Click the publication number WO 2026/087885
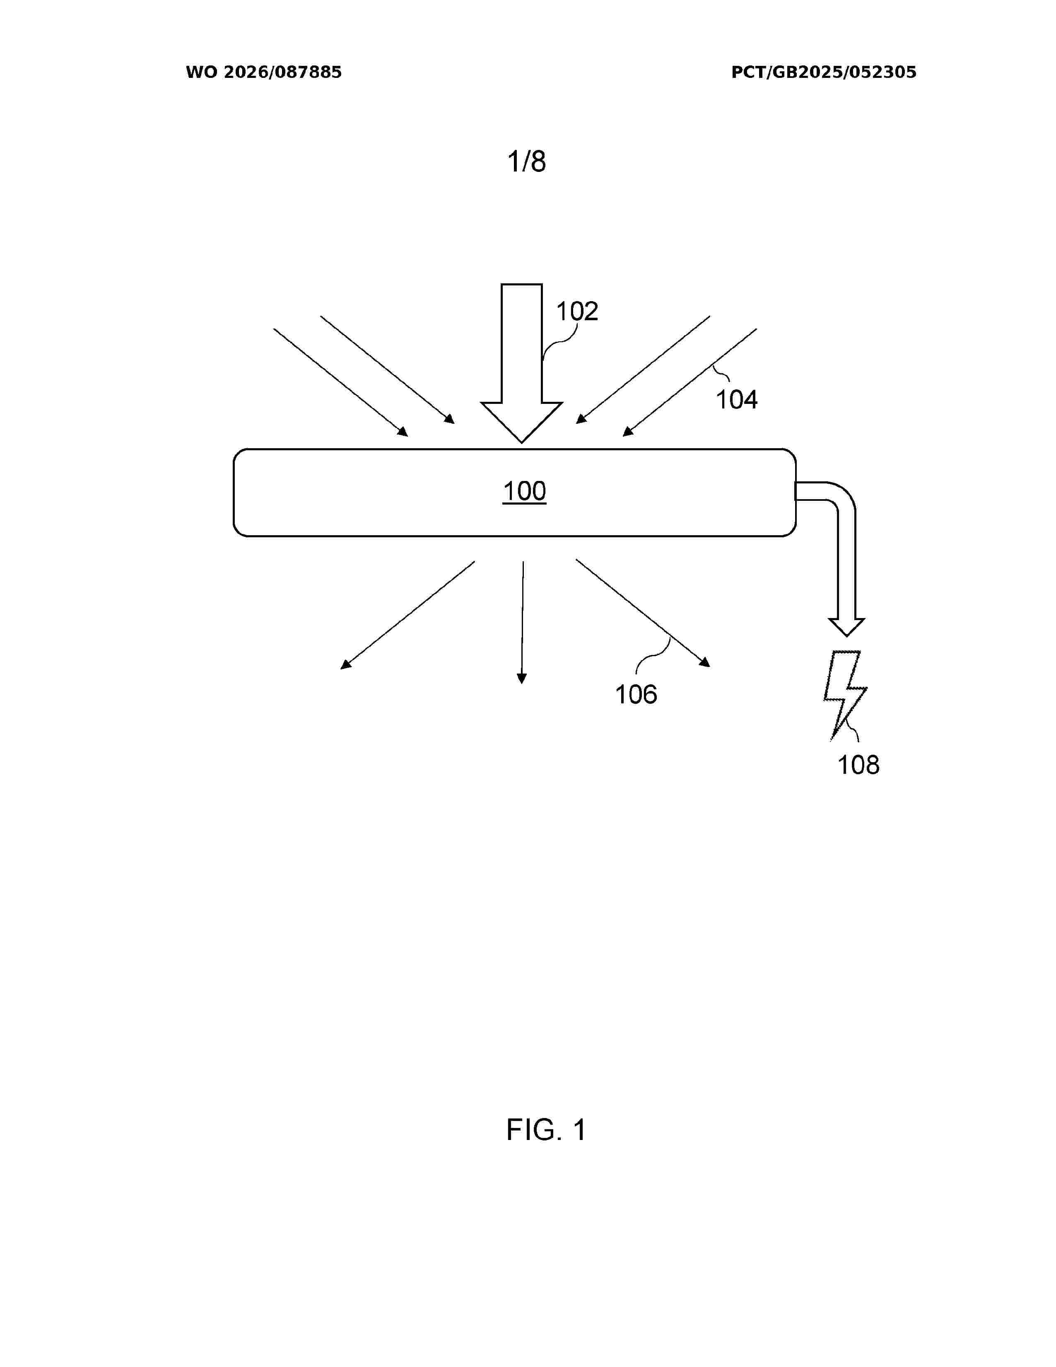pos(263,72)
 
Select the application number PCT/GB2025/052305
pos(823,72)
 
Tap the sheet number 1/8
pos(526,162)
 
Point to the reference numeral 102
pos(577,311)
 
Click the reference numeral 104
pos(736,399)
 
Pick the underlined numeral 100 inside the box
pos(524,491)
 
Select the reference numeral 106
pos(636,694)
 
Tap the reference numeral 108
pos(858,765)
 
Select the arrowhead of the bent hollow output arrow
pos(846,627)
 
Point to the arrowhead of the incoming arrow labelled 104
pos(627,431)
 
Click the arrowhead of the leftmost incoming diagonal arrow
pos(403,431)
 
